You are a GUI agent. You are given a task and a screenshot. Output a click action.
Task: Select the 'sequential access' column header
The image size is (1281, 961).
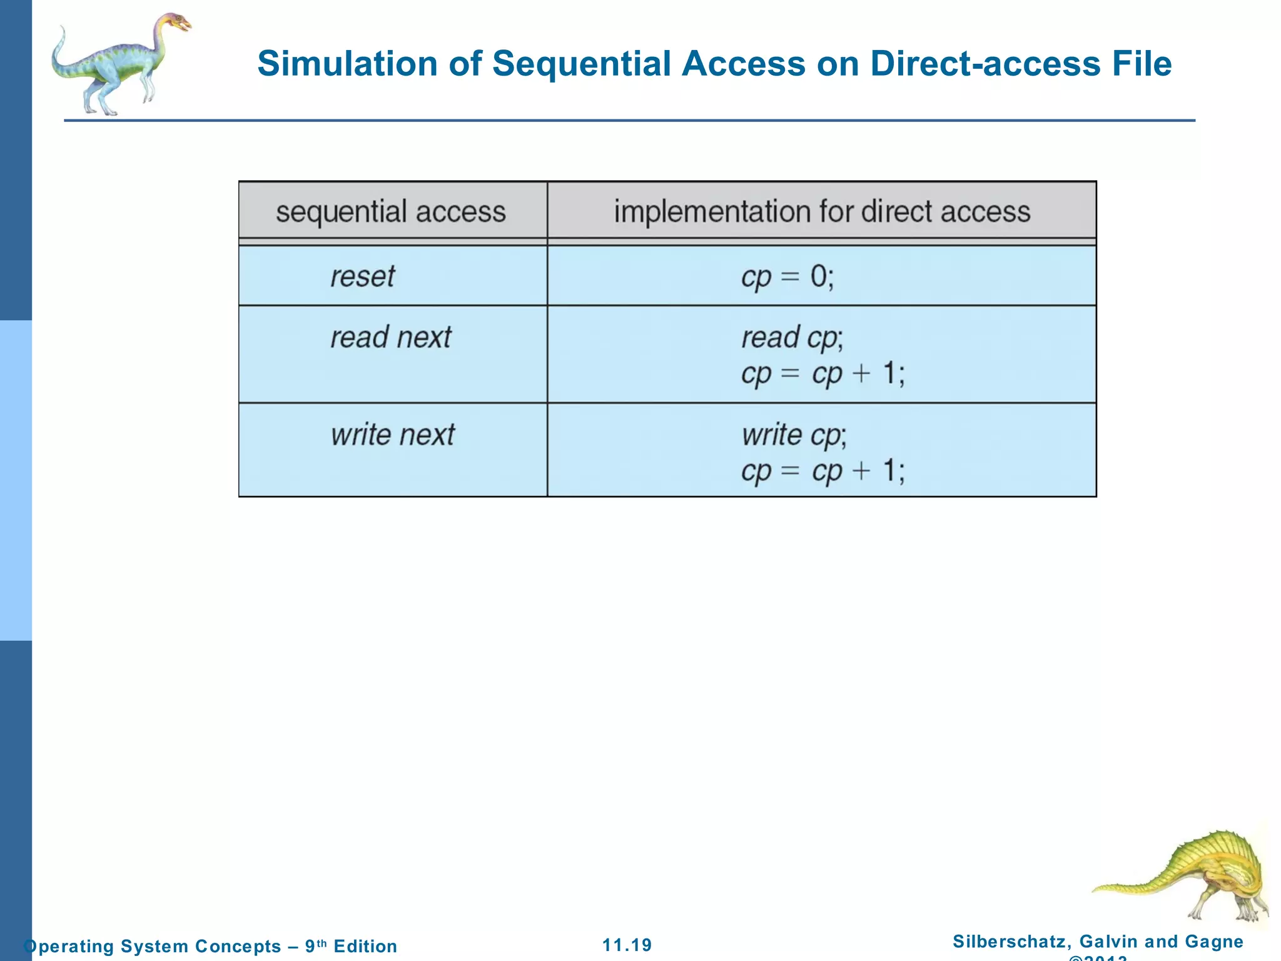(391, 211)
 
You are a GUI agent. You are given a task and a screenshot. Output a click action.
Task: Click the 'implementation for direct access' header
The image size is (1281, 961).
(822, 211)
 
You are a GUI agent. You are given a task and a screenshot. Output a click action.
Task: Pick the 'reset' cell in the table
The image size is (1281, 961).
(363, 277)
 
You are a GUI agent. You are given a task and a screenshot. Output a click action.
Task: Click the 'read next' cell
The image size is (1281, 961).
(391, 338)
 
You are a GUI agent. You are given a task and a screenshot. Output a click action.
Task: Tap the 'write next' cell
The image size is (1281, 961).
(393, 435)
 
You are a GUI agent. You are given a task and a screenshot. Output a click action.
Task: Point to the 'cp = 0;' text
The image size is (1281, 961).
(787, 277)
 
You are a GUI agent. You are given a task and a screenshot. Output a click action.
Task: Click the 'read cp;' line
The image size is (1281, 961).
(792, 338)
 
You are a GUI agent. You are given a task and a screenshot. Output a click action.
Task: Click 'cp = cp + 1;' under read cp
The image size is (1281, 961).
(823, 374)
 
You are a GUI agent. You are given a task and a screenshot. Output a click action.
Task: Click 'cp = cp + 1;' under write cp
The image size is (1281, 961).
(823, 470)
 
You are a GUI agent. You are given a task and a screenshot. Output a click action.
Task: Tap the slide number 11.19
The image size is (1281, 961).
(627, 945)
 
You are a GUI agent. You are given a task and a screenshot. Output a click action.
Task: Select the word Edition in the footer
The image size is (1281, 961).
(365, 946)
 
